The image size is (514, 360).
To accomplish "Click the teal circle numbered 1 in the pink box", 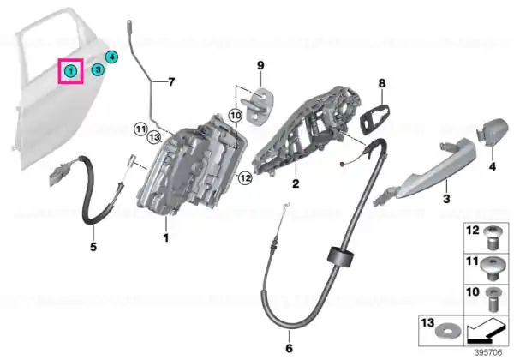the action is point(71,70).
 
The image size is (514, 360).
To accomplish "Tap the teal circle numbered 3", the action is point(98,69).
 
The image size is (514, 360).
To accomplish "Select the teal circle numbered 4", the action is point(111,57).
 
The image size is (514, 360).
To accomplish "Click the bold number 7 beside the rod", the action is point(171,82).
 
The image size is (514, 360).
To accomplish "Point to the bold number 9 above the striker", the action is point(260,66).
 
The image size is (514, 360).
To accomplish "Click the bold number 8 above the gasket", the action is point(382,84).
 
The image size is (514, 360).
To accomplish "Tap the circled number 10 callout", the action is point(236,115).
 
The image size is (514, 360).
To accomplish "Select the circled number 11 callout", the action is point(140,129).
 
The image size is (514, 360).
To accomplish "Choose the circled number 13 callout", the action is point(154,137).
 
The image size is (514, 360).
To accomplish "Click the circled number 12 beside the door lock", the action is point(245,178).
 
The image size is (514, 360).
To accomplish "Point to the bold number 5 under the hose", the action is point(93,247).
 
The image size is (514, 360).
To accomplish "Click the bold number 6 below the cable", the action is point(289,348).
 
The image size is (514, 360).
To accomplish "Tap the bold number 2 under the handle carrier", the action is point(296,183).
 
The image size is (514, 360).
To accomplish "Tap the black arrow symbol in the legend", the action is point(486,332).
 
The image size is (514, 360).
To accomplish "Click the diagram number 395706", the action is point(488,353).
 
